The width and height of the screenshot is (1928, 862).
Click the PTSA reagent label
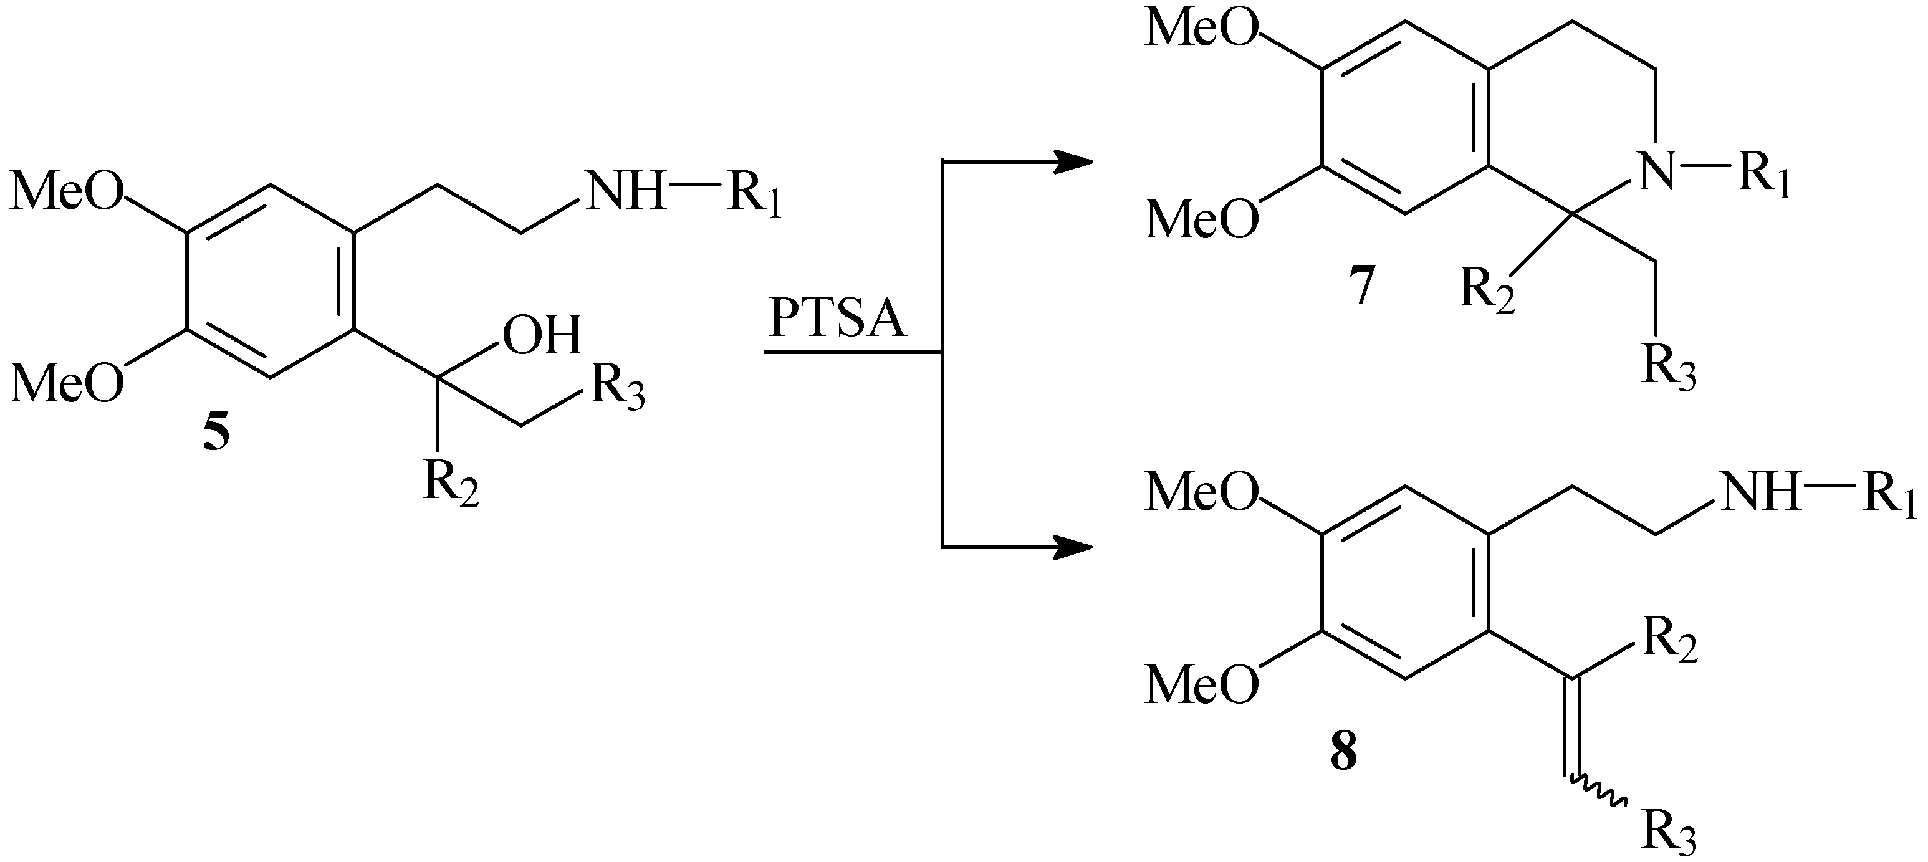click(x=837, y=320)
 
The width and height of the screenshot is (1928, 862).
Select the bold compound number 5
click(x=216, y=433)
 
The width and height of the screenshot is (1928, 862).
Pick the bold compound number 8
click(x=1343, y=753)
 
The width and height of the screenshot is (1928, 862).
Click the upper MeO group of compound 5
click(x=67, y=193)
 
